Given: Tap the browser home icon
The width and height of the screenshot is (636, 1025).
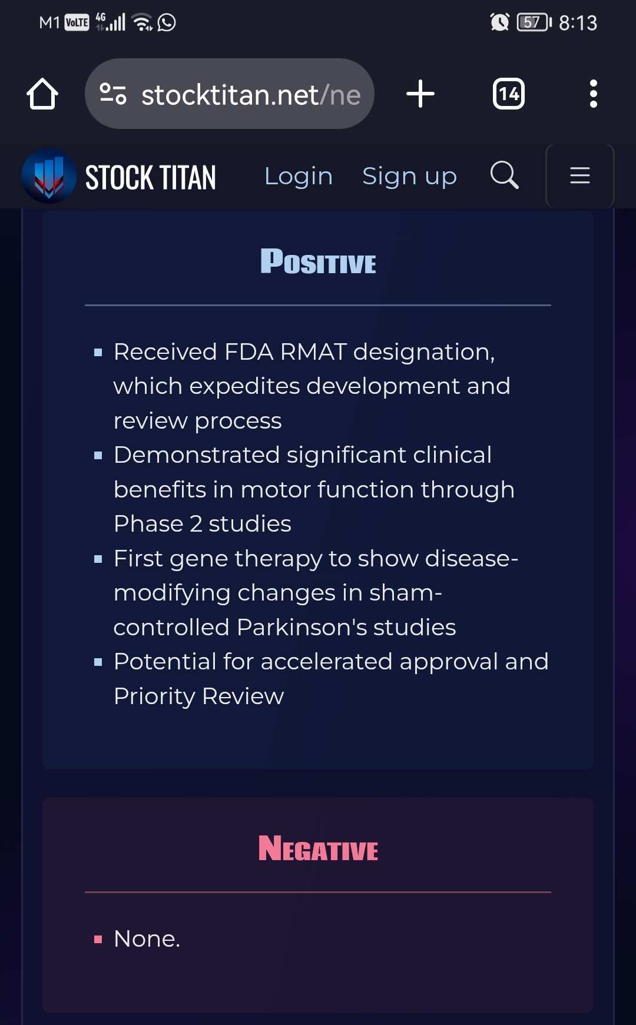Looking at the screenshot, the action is [x=42, y=94].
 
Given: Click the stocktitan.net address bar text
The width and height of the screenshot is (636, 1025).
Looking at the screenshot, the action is [x=251, y=95].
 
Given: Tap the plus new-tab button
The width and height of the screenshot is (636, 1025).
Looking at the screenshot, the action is [x=420, y=94].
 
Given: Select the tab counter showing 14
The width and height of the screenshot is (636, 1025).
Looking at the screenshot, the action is [x=509, y=94].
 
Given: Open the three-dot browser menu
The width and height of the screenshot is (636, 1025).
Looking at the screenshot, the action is [x=594, y=94].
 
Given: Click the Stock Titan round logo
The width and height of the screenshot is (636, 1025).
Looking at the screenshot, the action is [x=49, y=176].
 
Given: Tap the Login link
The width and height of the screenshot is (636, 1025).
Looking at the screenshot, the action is [x=299, y=176].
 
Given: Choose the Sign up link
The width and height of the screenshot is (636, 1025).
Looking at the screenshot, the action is [x=409, y=176].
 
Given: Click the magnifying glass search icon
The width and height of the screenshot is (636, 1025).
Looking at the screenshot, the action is [x=505, y=175].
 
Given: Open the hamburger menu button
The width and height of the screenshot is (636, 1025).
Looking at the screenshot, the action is [x=580, y=175].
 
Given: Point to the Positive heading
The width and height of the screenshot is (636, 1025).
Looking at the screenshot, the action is [x=318, y=261].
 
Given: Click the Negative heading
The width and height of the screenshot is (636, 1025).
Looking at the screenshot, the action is [x=318, y=848].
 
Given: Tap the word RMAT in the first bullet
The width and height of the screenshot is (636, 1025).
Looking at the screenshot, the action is [x=313, y=351].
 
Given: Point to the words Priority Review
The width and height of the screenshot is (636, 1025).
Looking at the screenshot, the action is [x=199, y=696].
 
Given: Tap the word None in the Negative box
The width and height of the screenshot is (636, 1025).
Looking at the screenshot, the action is [x=144, y=938].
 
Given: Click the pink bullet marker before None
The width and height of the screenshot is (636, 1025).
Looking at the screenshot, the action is [x=98, y=940].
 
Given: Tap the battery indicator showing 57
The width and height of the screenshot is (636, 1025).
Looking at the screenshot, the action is [x=534, y=22].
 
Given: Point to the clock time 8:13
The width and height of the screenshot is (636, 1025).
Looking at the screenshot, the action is [x=578, y=23].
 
